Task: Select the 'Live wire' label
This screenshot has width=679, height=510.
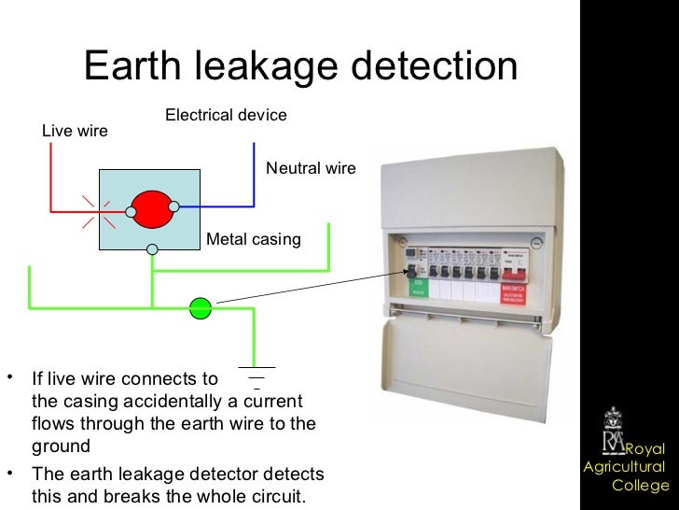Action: (75, 132)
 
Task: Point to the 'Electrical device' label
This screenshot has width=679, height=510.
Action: (226, 115)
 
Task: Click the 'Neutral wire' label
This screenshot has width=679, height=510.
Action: (311, 169)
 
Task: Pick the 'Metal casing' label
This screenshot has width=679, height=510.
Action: (253, 240)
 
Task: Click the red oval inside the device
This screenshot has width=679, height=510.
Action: (152, 210)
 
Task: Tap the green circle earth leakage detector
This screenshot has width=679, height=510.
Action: (201, 307)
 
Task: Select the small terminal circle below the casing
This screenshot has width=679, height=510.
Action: (152, 249)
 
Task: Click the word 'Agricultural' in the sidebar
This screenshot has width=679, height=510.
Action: (625, 467)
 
